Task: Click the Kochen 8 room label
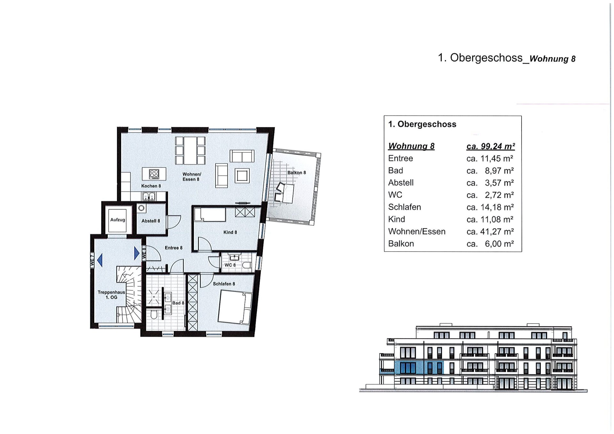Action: click(x=151, y=186)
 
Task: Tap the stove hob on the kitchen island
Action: click(x=154, y=174)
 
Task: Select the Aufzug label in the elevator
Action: click(x=118, y=220)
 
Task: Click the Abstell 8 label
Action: click(x=151, y=221)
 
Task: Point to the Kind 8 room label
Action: click(x=230, y=232)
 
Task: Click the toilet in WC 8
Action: click(x=246, y=265)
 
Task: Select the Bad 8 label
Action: click(x=178, y=303)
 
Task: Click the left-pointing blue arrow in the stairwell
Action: click(x=100, y=260)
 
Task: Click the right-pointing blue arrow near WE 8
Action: click(x=137, y=253)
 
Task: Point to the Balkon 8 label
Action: click(x=296, y=173)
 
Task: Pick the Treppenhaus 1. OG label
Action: click(x=111, y=295)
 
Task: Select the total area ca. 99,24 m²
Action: click(x=491, y=146)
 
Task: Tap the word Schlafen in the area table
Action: click(x=404, y=207)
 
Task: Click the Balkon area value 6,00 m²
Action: click(x=499, y=244)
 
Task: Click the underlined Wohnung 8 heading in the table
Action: click(x=411, y=146)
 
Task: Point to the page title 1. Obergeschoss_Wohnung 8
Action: click(x=506, y=58)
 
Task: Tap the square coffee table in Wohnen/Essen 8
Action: click(x=242, y=176)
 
